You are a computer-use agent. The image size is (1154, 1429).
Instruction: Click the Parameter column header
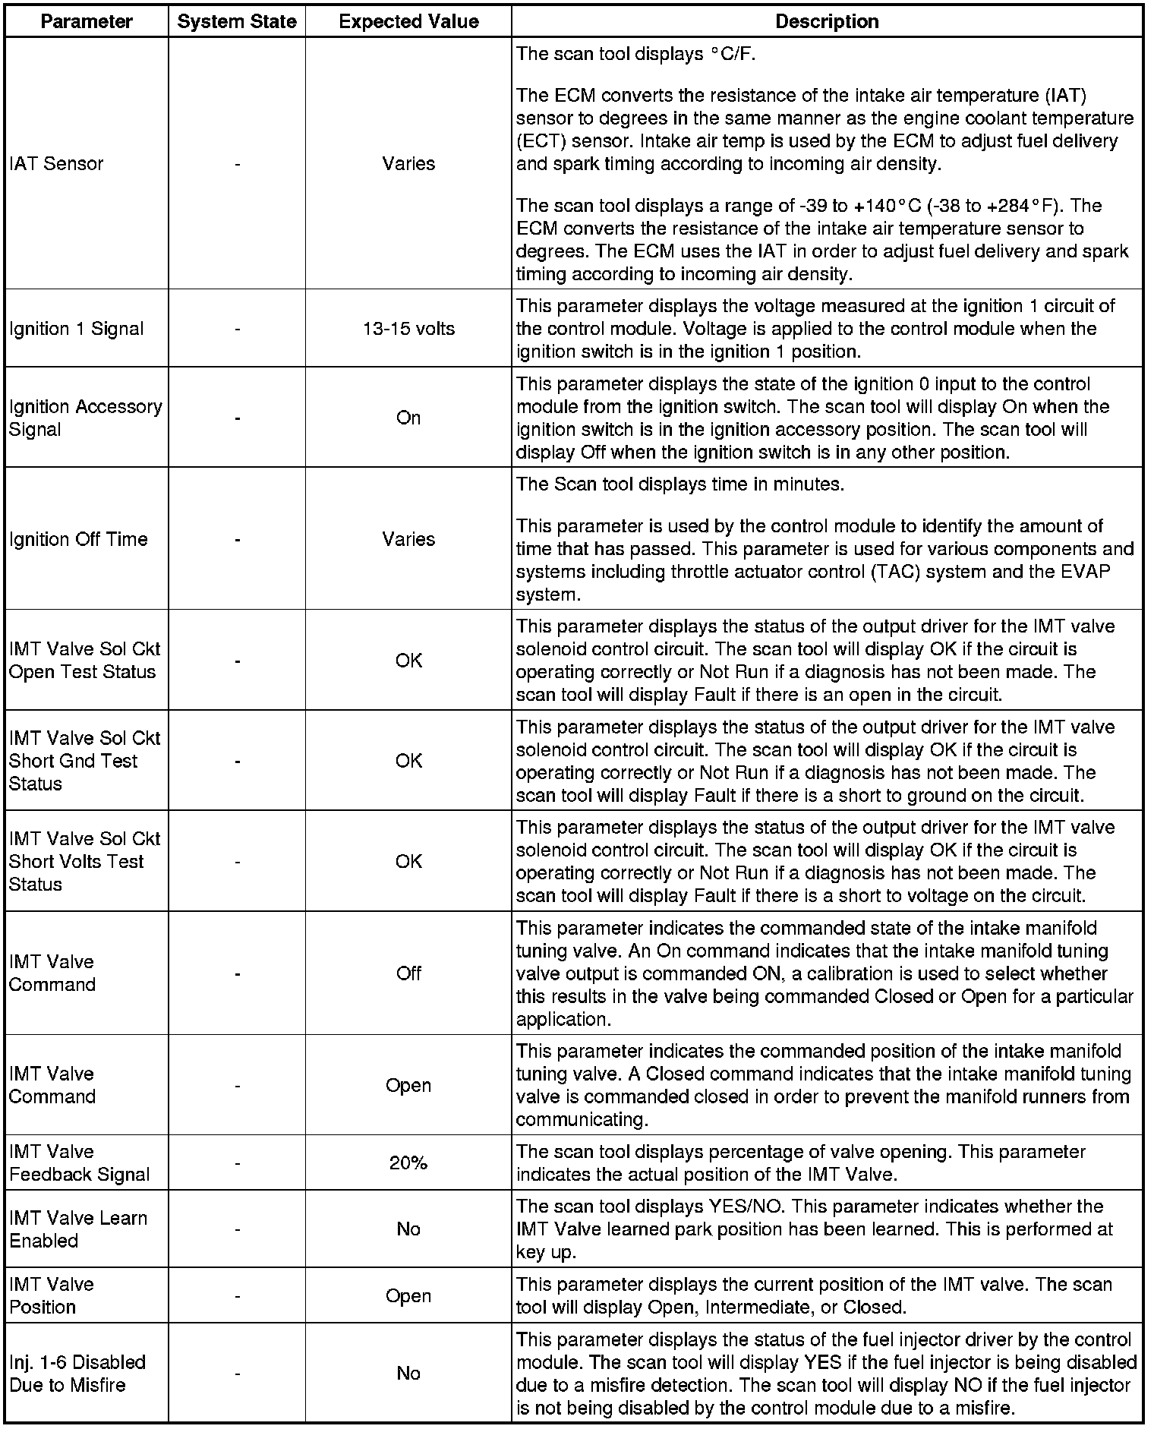(x=87, y=21)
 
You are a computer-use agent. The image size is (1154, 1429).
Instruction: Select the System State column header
(x=237, y=21)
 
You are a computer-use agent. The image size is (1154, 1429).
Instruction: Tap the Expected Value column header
(x=408, y=21)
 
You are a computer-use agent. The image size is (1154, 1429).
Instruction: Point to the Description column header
(x=827, y=21)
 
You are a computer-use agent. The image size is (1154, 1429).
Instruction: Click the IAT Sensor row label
(x=56, y=163)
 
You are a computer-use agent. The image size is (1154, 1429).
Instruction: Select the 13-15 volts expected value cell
(x=408, y=328)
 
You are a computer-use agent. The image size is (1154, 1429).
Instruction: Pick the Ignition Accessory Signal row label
(x=85, y=418)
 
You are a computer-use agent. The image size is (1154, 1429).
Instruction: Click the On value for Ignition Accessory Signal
(x=408, y=418)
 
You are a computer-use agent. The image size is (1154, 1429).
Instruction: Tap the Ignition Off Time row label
(x=78, y=539)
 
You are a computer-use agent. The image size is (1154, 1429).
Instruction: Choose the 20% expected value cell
(x=408, y=1162)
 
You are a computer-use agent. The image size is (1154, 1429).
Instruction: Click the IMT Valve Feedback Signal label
(x=79, y=1162)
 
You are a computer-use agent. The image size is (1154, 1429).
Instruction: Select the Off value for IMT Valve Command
(x=408, y=973)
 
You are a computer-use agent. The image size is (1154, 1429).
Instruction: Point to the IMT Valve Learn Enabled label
(x=77, y=1229)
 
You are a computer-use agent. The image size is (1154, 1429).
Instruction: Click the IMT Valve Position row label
(x=52, y=1295)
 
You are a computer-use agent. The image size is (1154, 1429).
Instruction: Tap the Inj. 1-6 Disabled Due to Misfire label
(x=77, y=1373)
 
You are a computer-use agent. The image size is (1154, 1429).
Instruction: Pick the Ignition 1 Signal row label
(x=76, y=328)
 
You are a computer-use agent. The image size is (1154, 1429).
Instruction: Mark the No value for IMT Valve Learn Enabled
(x=408, y=1229)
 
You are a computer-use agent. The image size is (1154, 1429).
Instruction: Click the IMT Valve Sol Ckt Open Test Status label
(x=84, y=660)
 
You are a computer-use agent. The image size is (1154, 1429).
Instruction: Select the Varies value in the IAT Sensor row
(x=408, y=163)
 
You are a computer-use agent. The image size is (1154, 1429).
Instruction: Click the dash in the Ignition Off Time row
(x=238, y=539)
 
